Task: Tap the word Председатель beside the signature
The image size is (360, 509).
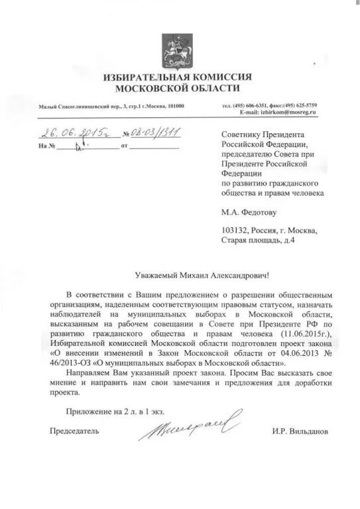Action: point(75,431)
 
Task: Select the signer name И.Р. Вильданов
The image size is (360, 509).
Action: point(300,431)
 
